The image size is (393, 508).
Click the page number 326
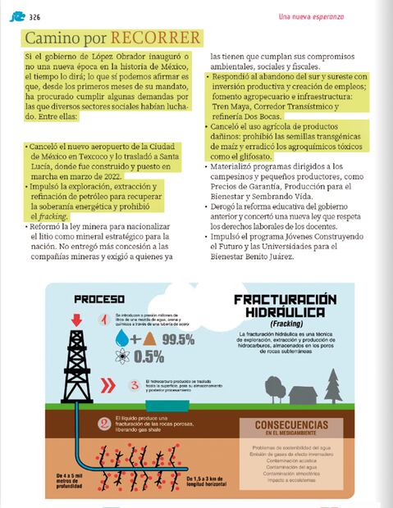coord(34,16)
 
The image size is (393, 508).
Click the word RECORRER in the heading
coord(156,39)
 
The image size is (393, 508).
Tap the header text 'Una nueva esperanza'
coord(311,16)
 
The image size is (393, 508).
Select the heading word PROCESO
coord(98,299)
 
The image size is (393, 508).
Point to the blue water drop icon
coord(122,338)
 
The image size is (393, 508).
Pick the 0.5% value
coord(148,357)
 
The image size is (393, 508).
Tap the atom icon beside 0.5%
coord(122,356)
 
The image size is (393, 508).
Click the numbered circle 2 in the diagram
coord(104,424)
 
